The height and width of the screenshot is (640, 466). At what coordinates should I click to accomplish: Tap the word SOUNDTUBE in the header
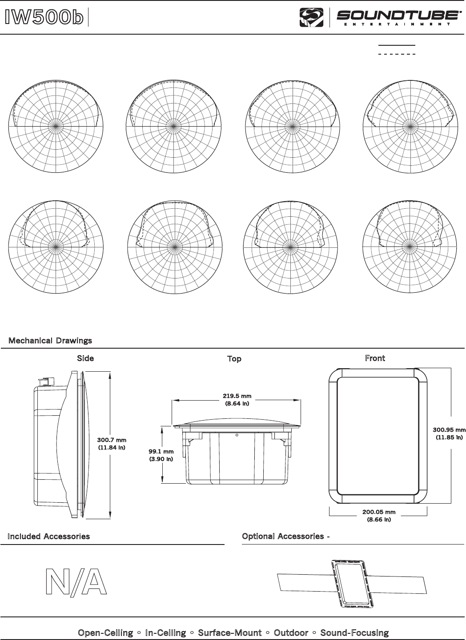(398, 16)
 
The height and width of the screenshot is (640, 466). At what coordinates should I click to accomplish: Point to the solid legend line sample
(396, 45)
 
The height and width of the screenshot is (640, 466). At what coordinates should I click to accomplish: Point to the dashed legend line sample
(396, 54)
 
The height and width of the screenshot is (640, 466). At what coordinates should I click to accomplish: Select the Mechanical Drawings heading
(50, 341)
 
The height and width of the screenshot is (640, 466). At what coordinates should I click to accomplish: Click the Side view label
(85, 358)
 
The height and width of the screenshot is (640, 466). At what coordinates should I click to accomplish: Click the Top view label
(234, 358)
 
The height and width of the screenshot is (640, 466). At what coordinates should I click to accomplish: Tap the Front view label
(375, 358)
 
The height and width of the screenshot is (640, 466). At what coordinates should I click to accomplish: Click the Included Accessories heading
(49, 537)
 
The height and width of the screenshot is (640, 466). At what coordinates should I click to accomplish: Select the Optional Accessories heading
(285, 537)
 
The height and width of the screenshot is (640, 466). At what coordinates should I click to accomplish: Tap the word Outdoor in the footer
(291, 632)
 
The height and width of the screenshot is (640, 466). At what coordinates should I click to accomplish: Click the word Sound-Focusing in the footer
(354, 632)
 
